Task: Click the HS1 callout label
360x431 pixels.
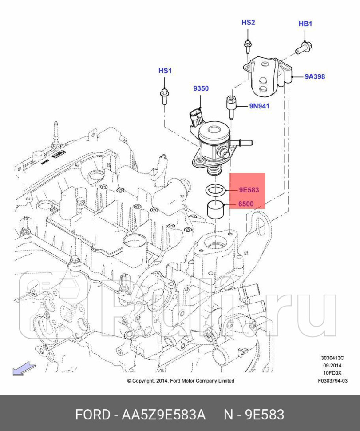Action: [x=165, y=71]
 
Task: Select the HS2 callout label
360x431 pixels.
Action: [x=248, y=22]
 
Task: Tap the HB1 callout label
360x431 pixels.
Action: [x=305, y=24]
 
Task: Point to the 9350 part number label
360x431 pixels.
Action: [x=201, y=88]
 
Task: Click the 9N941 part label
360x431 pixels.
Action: [x=259, y=106]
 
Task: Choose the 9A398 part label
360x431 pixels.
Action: [x=314, y=76]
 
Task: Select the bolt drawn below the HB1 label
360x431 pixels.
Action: [x=303, y=47]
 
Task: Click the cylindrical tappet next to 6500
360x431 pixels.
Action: [x=216, y=209]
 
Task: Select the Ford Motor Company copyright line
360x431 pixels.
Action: [x=181, y=381]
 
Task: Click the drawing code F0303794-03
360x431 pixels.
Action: [x=332, y=381]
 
